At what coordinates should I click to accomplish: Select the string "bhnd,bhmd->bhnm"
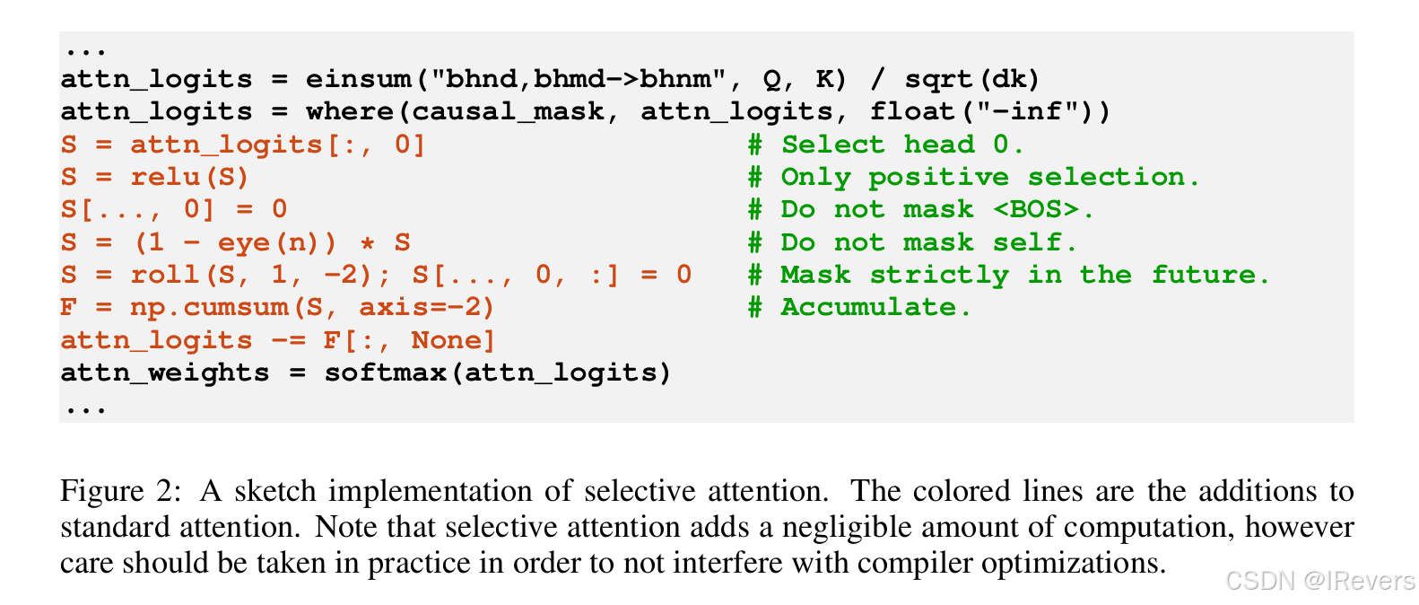pyautogui.click(x=578, y=79)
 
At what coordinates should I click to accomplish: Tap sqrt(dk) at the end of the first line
pyautogui.click(x=971, y=79)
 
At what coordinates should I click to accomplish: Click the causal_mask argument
pyautogui.click(x=508, y=111)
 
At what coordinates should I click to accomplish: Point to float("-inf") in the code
pyautogui.click(x=989, y=111)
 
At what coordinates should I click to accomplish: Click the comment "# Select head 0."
pyautogui.click(x=885, y=145)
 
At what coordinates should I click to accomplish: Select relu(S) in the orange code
pyautogui.click(x=189, y=177)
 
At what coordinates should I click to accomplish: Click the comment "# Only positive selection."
pyautogui.click(x=973, y=177)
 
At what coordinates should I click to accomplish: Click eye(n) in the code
pyautogui.click(x=276, y=242)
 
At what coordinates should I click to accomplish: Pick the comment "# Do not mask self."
pyautogui.click(x=912, y=242)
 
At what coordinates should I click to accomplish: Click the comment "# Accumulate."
pyautogui.click(x=859, y=307)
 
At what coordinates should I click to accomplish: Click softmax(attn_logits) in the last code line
pyautogui.click(x=498, y=373)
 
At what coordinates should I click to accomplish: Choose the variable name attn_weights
pyautogui.click(x=165, y=373)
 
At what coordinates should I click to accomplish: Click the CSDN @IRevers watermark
pyautogui.click(x=1319, y=582)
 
